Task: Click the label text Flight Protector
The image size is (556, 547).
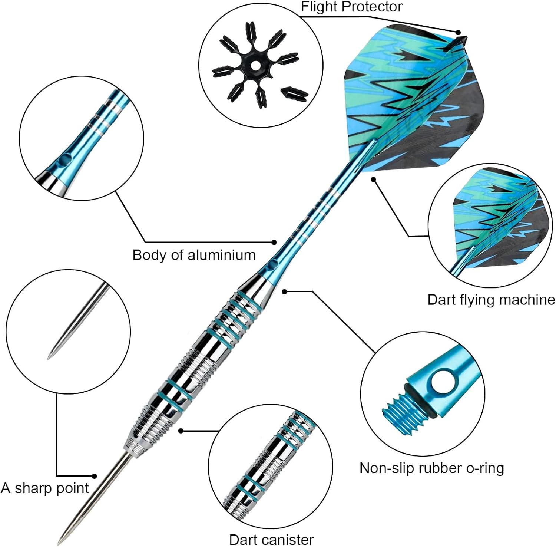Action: pyautogui.click(x=351, y=7)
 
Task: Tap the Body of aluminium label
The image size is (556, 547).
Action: pyautogui.click(x=194, y=255)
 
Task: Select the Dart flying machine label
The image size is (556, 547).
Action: pyautogui.click(x=491, y=300)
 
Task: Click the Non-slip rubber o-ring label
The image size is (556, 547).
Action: pyautogui.click(x=432, y=468)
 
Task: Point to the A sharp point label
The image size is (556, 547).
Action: pyautogui.click(x=45, y=488)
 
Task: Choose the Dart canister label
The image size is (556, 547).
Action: pyautogui.click(x=271, y=540)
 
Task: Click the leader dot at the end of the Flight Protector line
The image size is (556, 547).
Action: pyautogui.click(x=458, y=33)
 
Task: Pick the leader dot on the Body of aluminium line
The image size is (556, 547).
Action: pyautogui.click(x=274, y=242)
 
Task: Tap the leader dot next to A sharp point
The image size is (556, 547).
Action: pyautogui.click(x=95, y=476)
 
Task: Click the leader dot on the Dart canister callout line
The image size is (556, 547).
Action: pyautogui.click(x=181, y=431)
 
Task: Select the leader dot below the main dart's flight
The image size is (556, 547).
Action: pyautogui.click(x=374, y=179)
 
